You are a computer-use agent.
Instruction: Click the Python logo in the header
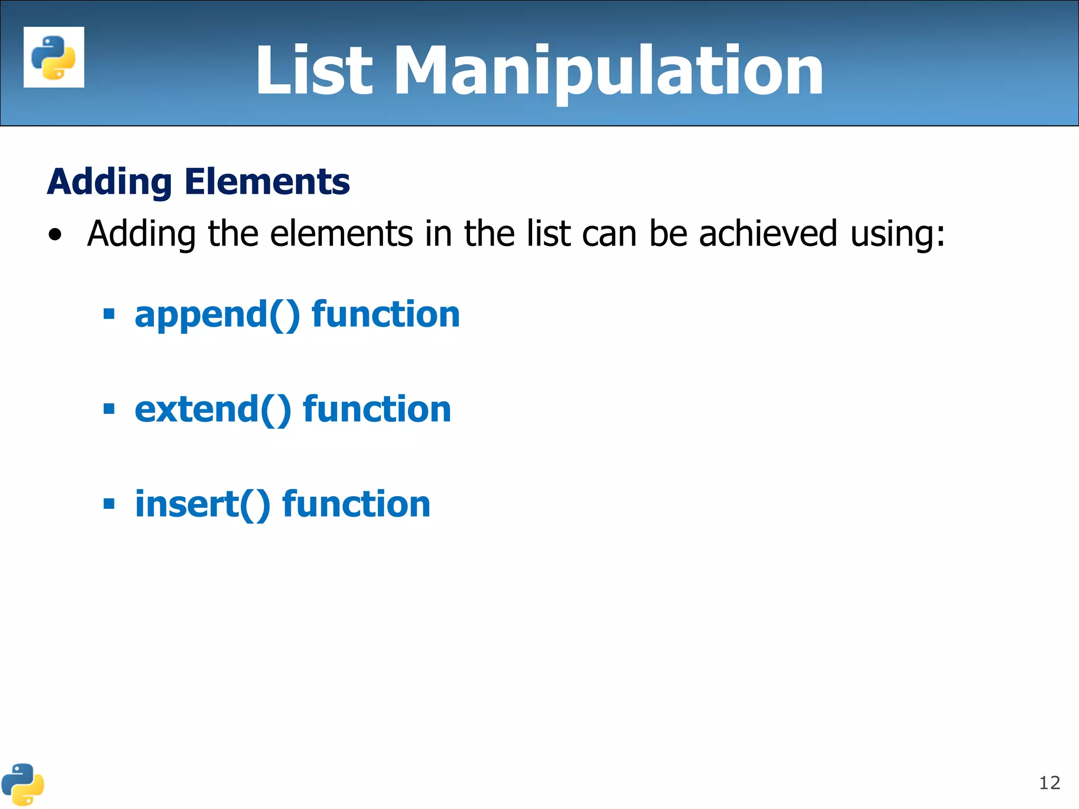point(54,57)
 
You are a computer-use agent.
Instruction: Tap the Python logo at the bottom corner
point(23,784)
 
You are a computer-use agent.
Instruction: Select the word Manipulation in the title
point(609,72)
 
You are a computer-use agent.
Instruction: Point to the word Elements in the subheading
point(267,182)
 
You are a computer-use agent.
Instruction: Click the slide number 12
point(1049,783)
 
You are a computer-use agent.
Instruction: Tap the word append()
point(217,315)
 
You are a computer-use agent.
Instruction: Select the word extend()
point(213,410)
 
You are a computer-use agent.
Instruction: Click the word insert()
point(203,505)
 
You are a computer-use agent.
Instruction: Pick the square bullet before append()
point(109,314)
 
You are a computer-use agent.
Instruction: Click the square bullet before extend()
point(109,409)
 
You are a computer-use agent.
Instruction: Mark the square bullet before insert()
point(109,504)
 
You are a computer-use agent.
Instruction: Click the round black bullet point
point(55,235)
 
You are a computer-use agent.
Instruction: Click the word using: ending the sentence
point(898,235)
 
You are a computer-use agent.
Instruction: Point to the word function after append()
point(386,314)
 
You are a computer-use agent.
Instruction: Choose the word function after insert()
point(356,504)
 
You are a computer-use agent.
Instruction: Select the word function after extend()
point(377,409)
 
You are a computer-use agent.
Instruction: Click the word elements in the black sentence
point(341,234)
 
